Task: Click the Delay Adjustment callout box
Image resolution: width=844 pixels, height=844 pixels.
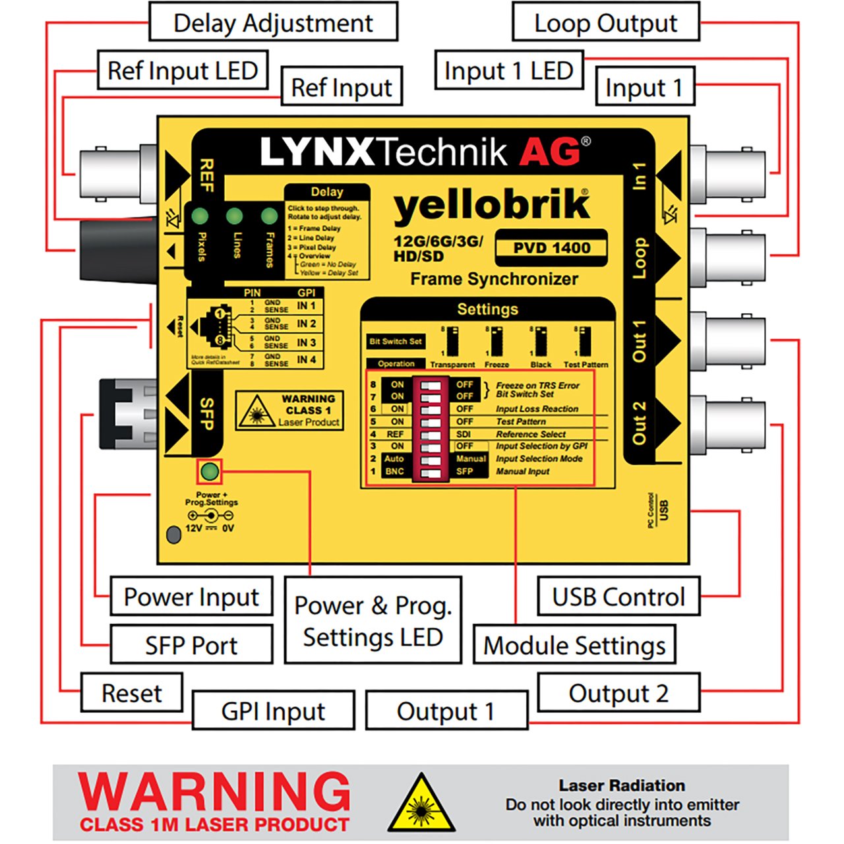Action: coord(273,22)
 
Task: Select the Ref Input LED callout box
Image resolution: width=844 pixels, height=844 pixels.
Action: coord(183,71)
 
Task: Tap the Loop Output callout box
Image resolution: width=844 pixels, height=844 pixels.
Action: coord(605,22)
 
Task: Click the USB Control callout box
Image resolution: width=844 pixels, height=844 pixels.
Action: coord(618,597)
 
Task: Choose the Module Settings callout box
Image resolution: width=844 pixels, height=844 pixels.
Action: coord(574,645)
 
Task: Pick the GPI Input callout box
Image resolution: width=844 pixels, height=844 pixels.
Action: coord(273,711)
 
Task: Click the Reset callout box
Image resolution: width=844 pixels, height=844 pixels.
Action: coord(131,693)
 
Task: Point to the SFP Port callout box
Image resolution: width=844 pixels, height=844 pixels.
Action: coord(191,645)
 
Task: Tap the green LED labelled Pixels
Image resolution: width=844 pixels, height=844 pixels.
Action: coord(200,216)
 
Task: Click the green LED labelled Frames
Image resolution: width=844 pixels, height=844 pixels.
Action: coord(269,216)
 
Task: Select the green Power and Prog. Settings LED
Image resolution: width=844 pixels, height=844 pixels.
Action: coord(210,471)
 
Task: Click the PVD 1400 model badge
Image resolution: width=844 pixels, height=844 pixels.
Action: coord(551,248)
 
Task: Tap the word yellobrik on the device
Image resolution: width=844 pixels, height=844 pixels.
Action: coord(491,206)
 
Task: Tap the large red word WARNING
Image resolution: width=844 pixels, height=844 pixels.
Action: coord(214,791)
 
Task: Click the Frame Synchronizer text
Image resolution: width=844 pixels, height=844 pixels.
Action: coord(494,279)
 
